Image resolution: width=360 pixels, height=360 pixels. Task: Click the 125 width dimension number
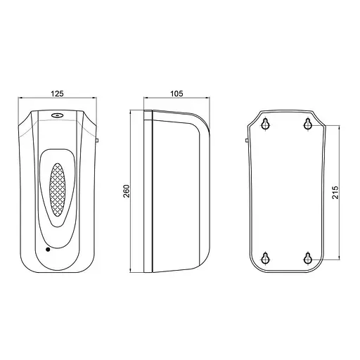(58, 91)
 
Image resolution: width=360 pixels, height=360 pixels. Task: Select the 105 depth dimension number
(177, 91)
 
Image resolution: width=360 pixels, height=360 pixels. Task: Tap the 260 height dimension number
(127, 192)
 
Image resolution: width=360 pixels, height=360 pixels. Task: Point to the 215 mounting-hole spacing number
(335, 192)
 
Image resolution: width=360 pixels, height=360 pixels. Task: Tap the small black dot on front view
(47, 249)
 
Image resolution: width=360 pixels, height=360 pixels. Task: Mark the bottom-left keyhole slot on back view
(265, 258)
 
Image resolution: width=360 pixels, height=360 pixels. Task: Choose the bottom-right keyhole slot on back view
(307, 258)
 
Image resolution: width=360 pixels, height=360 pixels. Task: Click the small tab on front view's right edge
(96, 141)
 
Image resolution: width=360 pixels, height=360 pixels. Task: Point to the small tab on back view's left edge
(247, 141)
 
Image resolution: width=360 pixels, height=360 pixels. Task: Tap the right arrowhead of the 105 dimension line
(210, 98)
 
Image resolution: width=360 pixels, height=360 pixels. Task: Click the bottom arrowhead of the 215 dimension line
(342, 259)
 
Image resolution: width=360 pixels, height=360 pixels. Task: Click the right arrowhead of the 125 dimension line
(95, 98)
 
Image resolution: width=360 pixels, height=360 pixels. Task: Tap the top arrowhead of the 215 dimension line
(342, 126)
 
